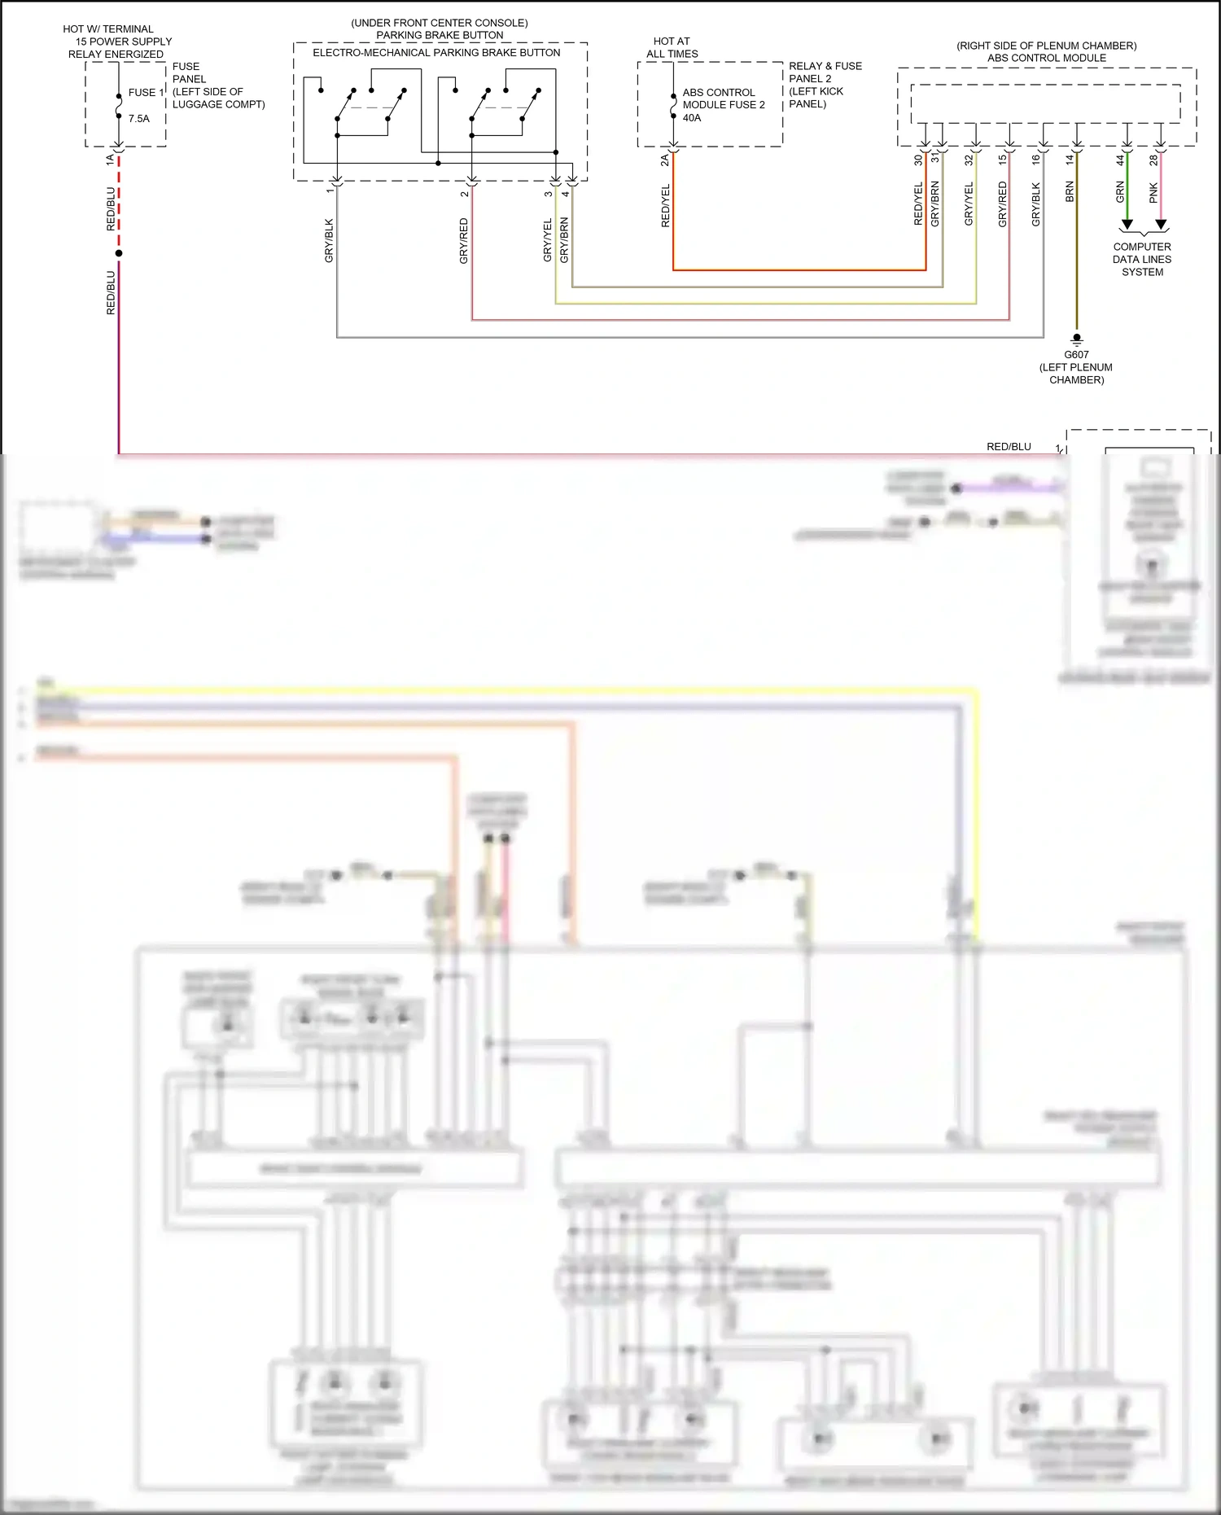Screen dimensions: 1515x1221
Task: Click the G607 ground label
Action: pos(1076,355)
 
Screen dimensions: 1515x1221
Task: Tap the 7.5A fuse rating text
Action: pos(138,119)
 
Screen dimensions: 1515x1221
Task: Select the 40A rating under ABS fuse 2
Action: pos(692,118)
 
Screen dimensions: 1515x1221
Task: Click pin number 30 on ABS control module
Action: pos(918,160)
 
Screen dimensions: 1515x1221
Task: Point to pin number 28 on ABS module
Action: pos(1153,160)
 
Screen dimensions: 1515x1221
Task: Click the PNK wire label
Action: pos(1153,193)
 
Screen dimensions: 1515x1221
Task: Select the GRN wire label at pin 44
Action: pos(1120,192)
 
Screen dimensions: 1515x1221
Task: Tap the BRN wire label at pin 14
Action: pos(1070,192)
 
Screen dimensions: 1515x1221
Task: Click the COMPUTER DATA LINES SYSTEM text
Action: pos(1142,260)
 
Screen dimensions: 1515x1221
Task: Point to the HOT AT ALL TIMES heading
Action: pos(672,47)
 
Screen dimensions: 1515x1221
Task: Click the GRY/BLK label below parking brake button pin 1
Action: pos(329,240)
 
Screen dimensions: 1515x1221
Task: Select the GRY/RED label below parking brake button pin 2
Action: pos(464,241)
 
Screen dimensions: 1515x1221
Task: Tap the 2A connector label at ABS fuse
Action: pos(664,160)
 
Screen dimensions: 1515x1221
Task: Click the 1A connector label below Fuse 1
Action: pos(110,160)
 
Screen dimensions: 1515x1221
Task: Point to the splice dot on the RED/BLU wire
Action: pos(119,253)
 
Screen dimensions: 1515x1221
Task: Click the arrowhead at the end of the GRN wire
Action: pos(1127,225)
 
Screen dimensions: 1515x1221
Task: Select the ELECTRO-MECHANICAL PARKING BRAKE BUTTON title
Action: pos(436,53)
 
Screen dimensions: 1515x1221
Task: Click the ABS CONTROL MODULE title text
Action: pos(1046,58)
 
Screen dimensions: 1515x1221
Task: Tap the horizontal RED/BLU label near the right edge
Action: pos(1009,447)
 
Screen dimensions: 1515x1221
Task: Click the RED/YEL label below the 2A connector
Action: pos(665,206)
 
